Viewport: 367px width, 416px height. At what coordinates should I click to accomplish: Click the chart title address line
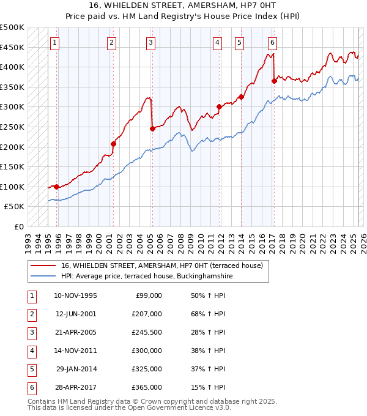pos(183,7)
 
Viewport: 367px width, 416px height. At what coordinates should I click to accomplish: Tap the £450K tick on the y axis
pos(12,47)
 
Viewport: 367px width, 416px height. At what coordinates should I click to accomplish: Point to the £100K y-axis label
pos(12,187)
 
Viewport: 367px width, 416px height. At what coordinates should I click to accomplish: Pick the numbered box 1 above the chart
pos(56,42)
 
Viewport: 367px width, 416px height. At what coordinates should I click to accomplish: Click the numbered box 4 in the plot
pos(218,42)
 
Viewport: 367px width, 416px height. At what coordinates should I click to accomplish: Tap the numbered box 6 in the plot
pos(272,42)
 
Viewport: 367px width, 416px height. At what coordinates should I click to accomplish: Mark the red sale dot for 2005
pos(152,128)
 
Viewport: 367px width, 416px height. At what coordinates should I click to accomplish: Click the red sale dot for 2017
pos(274,81)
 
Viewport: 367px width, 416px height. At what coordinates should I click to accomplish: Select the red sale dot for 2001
pos(113,144)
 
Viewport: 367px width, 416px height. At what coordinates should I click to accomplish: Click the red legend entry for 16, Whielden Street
pos(161,266)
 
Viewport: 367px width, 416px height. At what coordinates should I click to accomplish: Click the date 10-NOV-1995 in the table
pos(75,295)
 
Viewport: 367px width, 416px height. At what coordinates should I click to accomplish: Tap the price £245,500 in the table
pos(146,332)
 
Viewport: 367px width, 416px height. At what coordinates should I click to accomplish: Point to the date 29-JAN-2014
pos(76,369)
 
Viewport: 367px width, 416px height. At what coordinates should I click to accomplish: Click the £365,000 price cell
pos(146,387)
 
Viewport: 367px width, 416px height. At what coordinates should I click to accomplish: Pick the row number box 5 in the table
pos(31,369)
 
